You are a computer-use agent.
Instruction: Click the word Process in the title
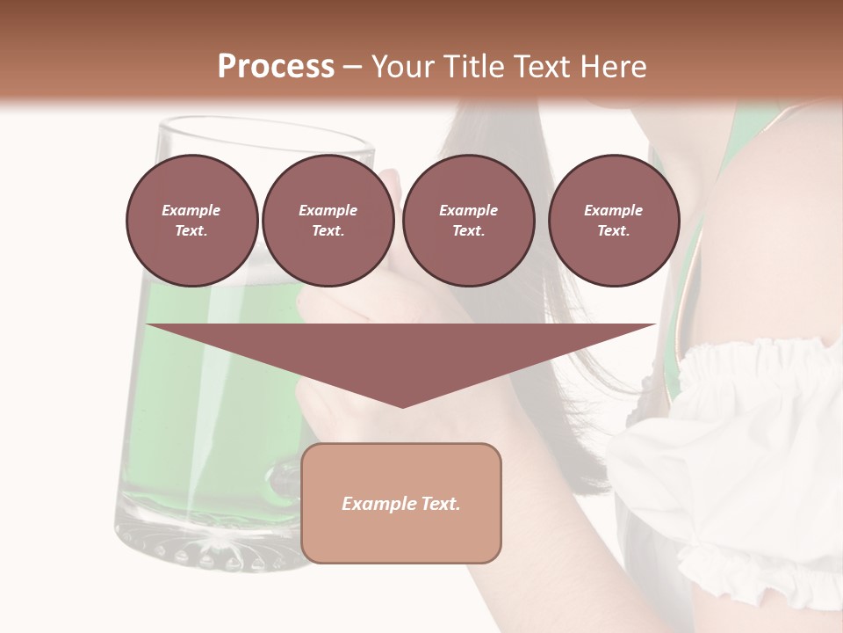pos(276,66)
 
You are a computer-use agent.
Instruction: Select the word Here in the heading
pos(613,66)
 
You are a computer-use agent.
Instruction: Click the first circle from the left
pos(191,221)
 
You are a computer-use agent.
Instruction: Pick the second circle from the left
pos(328,221)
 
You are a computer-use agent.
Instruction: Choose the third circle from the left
pos(468,221)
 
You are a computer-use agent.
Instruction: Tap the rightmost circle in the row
pos(613,221)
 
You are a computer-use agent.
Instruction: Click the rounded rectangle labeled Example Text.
pos(400,503)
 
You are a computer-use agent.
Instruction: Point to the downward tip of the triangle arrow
pos(401,405)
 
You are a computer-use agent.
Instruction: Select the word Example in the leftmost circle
pos(191,210)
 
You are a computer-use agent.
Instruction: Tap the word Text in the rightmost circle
pos(613,231)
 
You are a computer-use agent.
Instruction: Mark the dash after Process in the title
pos(353,67)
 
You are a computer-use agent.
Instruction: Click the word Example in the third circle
pos(468,210)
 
